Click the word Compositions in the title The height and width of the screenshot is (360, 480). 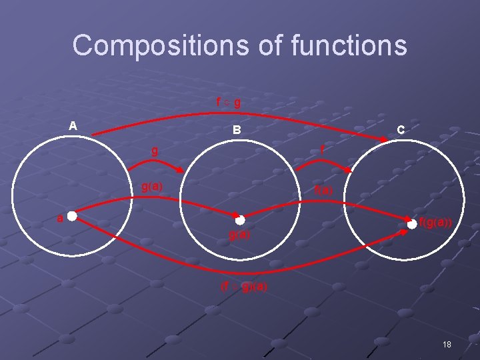140,45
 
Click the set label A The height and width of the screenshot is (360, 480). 73,125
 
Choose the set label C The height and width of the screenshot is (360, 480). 400,131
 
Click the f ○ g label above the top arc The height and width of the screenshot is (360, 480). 228,103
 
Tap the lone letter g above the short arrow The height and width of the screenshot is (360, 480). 155,151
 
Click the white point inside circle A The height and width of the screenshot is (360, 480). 71,217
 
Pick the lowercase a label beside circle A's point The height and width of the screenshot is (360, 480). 59,217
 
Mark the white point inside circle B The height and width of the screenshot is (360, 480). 240,219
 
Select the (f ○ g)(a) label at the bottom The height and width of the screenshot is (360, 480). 244,287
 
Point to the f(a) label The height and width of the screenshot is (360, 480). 324,190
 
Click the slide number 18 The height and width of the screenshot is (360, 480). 446,344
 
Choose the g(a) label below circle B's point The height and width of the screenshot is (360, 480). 239,235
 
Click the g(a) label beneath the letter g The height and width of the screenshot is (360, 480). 152,186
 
